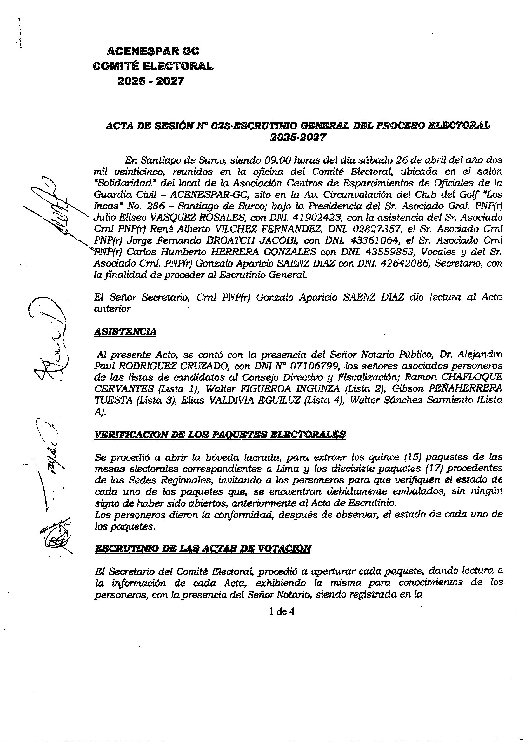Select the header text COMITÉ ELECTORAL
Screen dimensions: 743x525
click(153, 66)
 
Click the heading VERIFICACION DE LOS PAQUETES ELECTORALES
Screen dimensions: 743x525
click(220, 434)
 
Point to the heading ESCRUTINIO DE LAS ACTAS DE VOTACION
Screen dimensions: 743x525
click(203, 548)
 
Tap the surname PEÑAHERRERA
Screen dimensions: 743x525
click(466, 388)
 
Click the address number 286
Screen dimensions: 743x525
click(159, 206)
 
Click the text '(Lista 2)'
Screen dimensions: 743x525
click(362, 388)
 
